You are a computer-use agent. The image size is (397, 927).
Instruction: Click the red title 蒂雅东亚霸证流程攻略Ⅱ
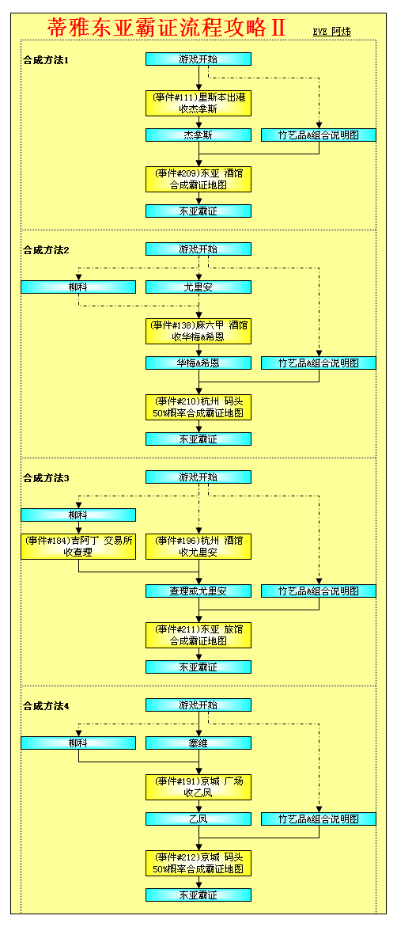click(166, 27)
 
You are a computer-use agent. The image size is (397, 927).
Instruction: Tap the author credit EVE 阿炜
click(332, 32)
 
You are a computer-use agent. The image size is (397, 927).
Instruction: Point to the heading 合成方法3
click(47, 477)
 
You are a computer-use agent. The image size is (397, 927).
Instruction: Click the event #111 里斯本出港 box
click(198, 103)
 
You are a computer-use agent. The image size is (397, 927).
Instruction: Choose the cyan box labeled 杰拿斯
click(198, 135)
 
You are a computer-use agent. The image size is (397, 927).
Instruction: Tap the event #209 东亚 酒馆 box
click(198, 179)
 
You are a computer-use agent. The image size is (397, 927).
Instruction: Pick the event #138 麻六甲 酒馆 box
click(198, 331)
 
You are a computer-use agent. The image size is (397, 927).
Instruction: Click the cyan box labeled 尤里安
click(198, 287)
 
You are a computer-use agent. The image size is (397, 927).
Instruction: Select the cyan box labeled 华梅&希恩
click(198, 363)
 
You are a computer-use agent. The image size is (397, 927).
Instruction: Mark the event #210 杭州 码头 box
click(198, 408)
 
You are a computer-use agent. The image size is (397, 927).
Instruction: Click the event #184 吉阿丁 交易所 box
click(78, 546)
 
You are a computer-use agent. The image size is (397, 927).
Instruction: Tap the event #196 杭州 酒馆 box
click(198, 546)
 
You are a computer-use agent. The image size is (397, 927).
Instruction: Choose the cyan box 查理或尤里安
click(198, 591)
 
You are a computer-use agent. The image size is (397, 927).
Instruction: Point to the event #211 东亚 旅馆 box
click(198, 635)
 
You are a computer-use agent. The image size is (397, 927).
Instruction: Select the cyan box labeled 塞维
click(198, 743)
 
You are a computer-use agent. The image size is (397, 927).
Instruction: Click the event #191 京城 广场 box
click(198, 787)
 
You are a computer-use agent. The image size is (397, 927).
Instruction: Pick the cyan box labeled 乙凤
click(198, 819)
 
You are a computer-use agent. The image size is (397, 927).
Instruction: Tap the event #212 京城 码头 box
click(198, 863)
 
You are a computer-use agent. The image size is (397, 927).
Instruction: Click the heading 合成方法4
click(47, 706)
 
